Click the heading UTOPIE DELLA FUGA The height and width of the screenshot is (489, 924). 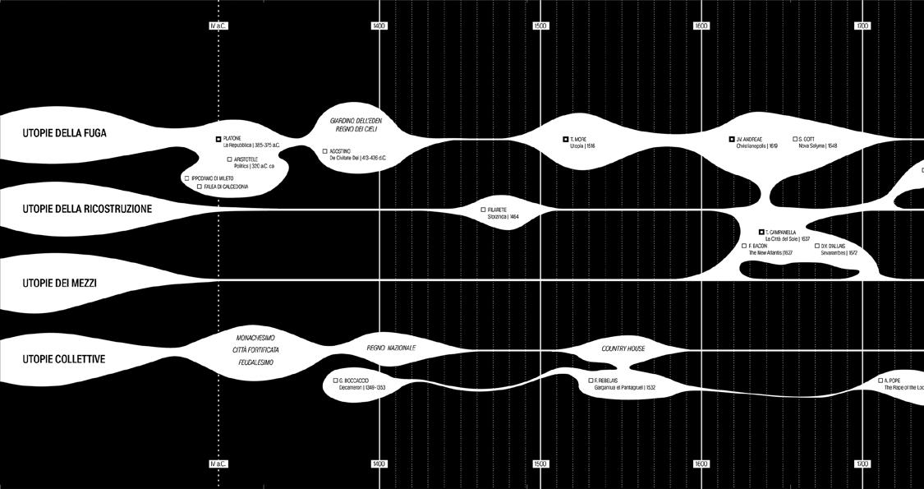point(65,133)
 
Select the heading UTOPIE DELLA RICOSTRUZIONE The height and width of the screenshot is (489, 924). point(87,210)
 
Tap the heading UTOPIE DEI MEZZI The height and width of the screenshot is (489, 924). point(60,284)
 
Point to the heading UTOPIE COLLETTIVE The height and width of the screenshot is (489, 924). point(64,359)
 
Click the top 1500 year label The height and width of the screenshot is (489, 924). point(540,26)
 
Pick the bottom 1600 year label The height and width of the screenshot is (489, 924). point(701,464)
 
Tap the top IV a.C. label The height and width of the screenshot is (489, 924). point(218,26)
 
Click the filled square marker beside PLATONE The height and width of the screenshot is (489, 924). point(218,140)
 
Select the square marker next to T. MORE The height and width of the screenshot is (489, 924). point(565,140)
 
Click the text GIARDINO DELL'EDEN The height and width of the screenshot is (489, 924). point(356,121)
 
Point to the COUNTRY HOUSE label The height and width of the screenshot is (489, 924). point(623,348)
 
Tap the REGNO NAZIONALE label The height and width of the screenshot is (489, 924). point(391,348)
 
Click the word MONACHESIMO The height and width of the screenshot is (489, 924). point(255,338)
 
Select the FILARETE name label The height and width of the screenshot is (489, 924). point(498,210)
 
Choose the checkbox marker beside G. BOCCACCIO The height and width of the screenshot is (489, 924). point(336,381)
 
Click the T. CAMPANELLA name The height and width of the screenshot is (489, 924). point(780,233)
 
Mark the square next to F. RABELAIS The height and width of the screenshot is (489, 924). point(591,381)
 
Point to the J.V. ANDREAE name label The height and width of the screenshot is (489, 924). point(750,140)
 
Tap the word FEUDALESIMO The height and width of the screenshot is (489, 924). point(255,362)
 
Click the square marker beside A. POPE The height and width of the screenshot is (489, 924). point(880,381)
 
